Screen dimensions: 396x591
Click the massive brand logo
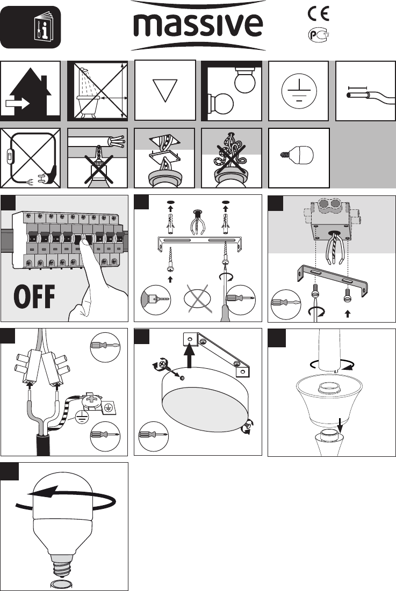(x=198, y=25)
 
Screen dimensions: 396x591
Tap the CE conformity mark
(x=318, y=13)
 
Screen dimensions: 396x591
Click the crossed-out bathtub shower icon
(x=98, y=91)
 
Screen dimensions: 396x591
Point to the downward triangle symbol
(x=165, y=91)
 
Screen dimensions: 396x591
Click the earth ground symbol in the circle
(x=299, y=91)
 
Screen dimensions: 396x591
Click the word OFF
(x=34, y=297)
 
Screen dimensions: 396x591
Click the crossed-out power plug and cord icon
(x=31, y=158)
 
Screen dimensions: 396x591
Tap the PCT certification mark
(x=318, y=35)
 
